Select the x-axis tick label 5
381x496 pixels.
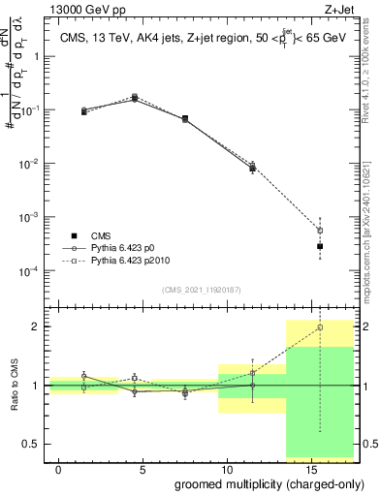click(143, 469)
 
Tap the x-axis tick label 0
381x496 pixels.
click(59, 469)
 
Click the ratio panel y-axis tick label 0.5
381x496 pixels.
click(32, 445)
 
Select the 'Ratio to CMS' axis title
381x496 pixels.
click(13, 386)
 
